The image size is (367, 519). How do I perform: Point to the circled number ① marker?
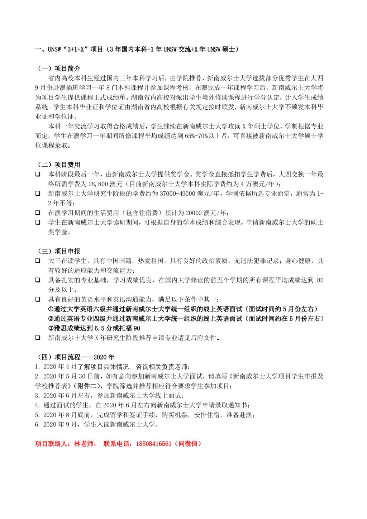click(51, 309)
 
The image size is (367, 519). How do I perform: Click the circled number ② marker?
click(51, 319)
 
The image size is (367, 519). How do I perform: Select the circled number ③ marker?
click(51, 328)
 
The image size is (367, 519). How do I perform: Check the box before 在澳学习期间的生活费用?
click(37, 213)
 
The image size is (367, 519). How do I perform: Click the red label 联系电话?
click(116, 444)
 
